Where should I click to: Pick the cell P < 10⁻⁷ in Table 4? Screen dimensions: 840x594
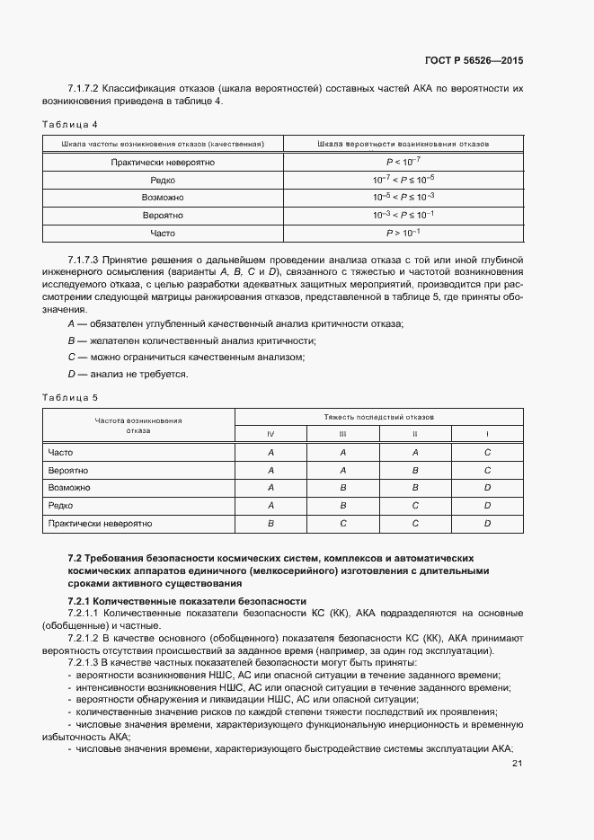(x=403, y=163)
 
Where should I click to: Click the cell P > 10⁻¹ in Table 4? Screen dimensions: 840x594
(x=403, y=233)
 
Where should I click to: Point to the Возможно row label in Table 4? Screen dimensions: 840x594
(x=163, y=198)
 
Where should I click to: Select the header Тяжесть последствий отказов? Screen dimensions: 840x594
(x=378, y=418)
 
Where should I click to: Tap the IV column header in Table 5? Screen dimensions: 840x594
(x=270, y=435)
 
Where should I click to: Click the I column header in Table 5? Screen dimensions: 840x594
(x=487, y=435)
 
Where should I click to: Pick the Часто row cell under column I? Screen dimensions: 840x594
(x=487, y=453)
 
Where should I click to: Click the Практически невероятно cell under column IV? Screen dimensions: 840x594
(x=270, y=522)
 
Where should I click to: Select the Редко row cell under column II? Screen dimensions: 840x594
(x=415, y=505)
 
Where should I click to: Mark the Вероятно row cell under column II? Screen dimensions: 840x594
(x=415, y=470)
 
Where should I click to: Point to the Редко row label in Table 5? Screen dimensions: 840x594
(x=60, y=505)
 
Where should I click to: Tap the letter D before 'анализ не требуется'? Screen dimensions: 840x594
(x=71, y=374)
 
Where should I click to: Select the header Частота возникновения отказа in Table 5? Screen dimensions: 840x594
(x=138, y=425)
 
